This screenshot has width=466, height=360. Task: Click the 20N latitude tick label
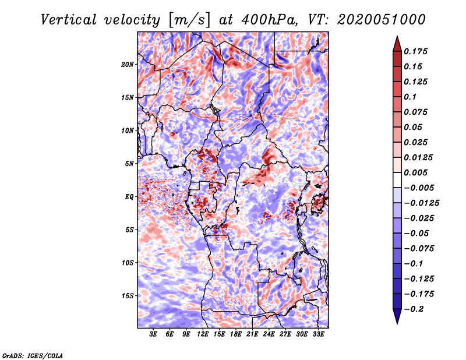click(127, 65)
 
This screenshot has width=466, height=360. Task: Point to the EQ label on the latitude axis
click(129, 197)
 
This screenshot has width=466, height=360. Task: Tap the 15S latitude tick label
click(128, 296)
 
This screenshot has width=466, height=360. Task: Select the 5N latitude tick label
click(129, 164)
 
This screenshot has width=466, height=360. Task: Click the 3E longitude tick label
click(153, 334)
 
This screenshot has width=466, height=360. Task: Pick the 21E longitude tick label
click(252, 334)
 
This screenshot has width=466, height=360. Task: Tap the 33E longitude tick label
click(318, 334)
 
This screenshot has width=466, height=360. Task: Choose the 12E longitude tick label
click(203, 334)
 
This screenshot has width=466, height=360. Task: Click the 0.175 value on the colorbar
click(415, 51)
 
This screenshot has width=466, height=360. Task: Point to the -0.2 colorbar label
click(414, 309)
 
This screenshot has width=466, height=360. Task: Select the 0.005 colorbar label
click(415, 172)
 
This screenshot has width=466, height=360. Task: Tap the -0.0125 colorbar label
click(421, 203)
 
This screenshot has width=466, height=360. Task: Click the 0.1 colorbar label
click(410, 97)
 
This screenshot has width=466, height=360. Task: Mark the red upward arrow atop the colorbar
click(397, 44)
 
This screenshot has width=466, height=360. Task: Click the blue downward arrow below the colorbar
click(397, 316)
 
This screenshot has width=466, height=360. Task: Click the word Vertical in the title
click(69, 20)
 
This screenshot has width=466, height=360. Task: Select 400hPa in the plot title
click(269, 20)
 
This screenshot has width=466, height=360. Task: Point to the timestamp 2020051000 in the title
click(382, 20)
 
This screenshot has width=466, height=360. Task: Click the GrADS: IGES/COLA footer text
click(33, 355)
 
